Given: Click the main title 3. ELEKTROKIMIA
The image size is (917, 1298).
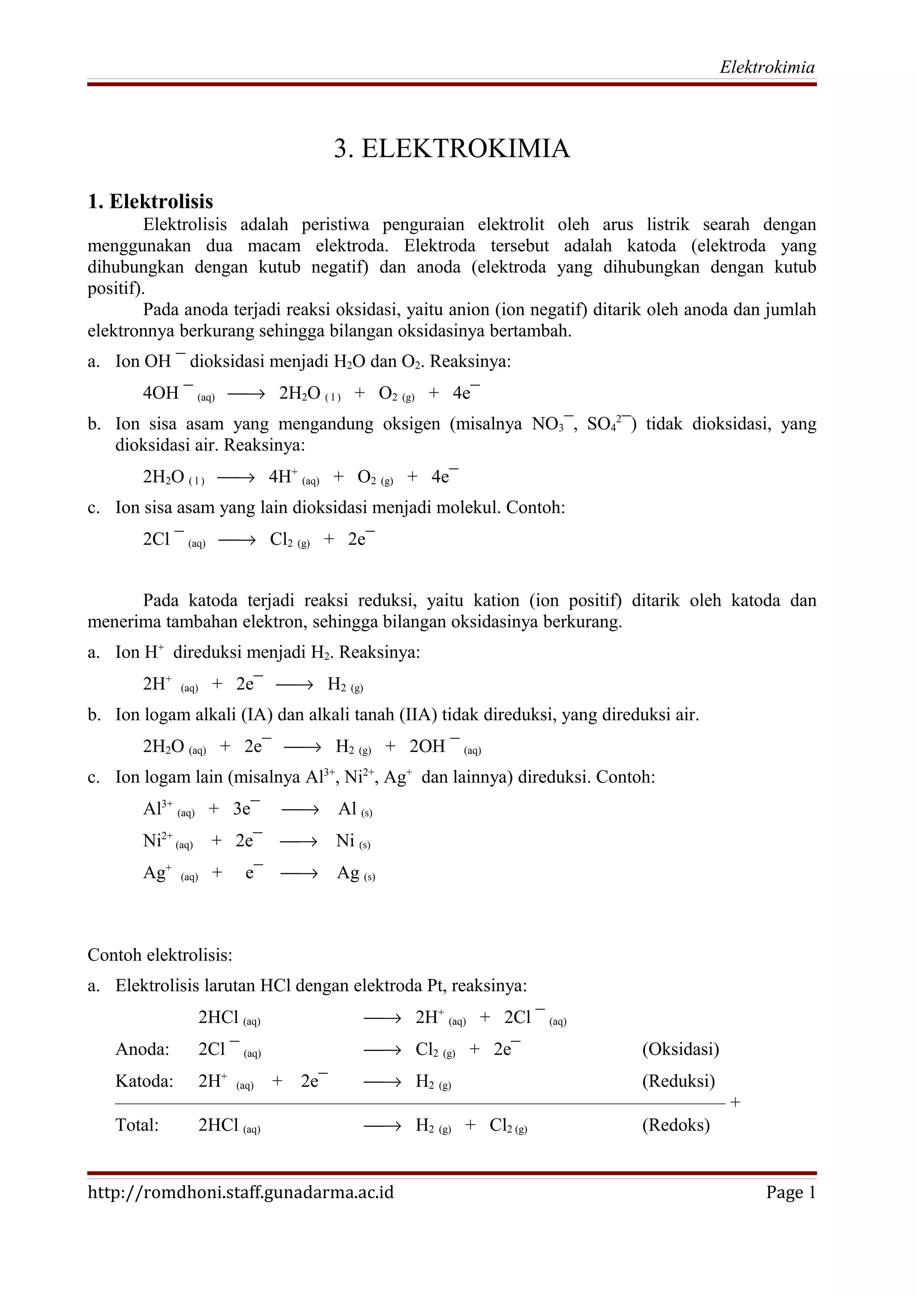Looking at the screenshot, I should [x=452, y=149].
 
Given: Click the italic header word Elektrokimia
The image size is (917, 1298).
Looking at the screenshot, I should [x=767, y=67].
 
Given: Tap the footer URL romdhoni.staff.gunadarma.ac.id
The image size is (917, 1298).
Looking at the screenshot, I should [x=241, y=1192].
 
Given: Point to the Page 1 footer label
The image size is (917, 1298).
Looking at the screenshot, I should [x=790, y=1192].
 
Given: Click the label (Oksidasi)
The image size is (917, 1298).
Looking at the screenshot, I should [x=680, y=1049].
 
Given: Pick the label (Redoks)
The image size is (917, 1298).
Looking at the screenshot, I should [x=676, y=1125].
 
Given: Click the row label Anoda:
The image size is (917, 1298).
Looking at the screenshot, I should [x=142, y=1049].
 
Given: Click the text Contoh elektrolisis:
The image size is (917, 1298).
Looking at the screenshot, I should [x=160, y=955].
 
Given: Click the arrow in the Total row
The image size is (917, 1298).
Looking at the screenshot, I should [x=382, y=1126].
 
